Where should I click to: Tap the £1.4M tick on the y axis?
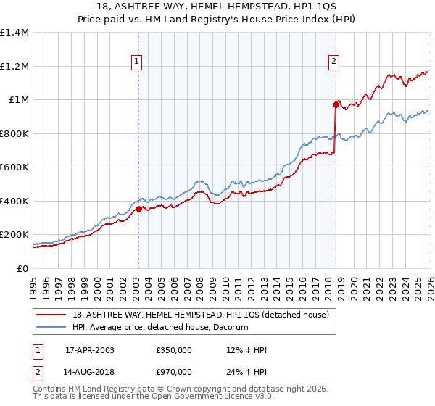14,33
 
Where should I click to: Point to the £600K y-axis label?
14,167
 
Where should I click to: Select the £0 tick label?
22,268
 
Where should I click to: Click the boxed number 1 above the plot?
138,62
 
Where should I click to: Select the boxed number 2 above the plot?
334,62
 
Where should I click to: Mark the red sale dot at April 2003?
138,210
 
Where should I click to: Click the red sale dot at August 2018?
336,104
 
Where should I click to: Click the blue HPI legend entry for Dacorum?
160,328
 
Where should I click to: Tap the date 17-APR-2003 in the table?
90,350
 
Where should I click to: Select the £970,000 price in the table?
174,371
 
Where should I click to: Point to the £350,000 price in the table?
174,350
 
